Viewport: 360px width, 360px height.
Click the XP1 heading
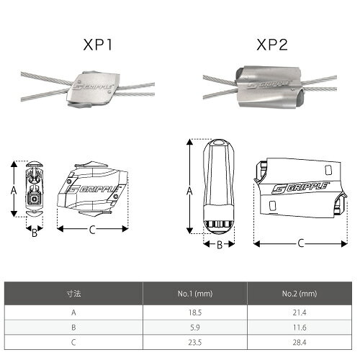point(97,45)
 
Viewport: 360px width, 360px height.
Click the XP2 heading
point(272,45)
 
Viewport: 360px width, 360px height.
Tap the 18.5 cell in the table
point(195,312)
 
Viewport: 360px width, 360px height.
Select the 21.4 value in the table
point(300,312)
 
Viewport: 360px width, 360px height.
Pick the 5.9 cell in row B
point(195,328)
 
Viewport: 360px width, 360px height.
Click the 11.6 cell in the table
point(300,328)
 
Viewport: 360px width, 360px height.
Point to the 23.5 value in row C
point(195,342)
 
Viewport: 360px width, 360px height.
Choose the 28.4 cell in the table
point(300,342)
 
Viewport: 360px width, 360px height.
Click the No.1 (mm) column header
point(195,294)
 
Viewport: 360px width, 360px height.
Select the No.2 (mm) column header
point(300,294)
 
